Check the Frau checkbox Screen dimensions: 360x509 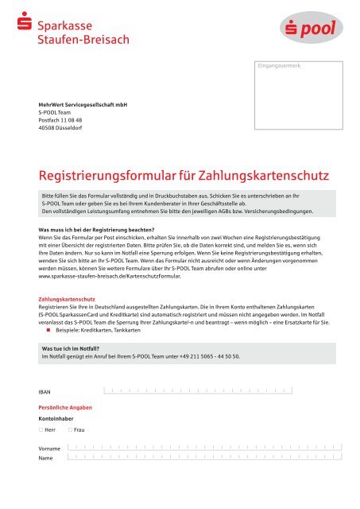click(x=70, y=429)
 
